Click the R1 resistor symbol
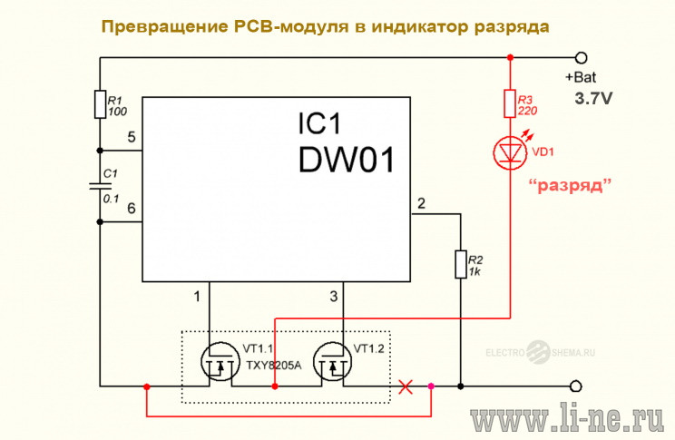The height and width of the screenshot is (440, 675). (x=101, y=104)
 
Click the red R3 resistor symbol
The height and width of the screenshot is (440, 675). (x=510, y=103)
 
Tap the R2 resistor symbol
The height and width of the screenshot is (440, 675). (x=461, y=264)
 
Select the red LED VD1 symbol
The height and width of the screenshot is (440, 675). (x=510, y=152)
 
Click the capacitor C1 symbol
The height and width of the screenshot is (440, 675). (x=101, y=186)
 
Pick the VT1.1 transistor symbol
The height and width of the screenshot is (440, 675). (x=220, y=362)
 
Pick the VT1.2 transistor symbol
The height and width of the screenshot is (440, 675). (x=332, y=362)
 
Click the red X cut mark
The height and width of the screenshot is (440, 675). (x=405, y=386)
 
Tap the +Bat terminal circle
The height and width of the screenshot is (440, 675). (x=582, y=57)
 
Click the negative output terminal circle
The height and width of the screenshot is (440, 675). (x=576, y=386)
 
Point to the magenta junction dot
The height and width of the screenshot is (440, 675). (x=431, y=386)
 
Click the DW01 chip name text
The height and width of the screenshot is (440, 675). (x=346, y=160)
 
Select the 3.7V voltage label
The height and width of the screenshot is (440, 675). (x=593, y=99)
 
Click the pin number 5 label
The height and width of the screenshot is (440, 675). (x=132, y=137)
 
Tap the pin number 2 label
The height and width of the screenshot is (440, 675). (x=422, y=203)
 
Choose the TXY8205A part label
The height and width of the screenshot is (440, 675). (x=274, y=366)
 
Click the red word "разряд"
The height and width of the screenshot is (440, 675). (x=570, y=186)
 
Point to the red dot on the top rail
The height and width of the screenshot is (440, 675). (x=510, y=57)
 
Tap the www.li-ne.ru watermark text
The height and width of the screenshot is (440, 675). (x=567, y=418)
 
